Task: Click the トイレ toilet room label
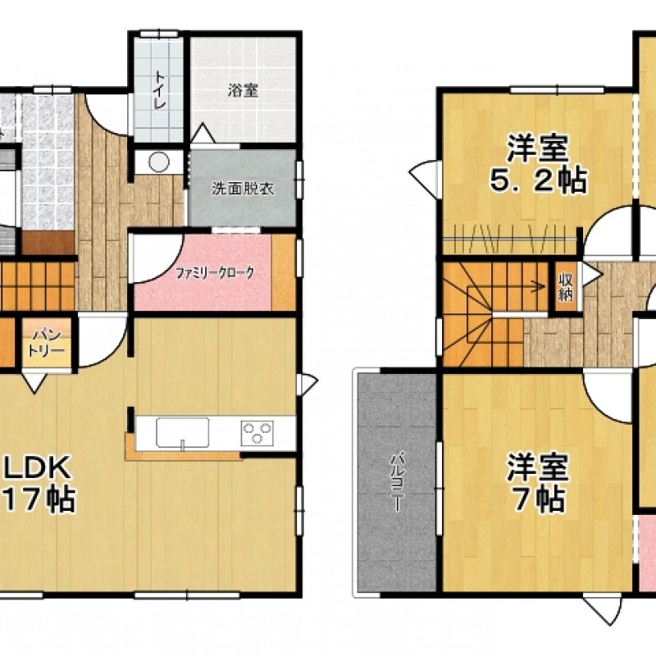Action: click(x=159, y=90)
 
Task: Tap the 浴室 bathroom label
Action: click(x=243, y=90)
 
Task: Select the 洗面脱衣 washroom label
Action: click(x=243, y=189)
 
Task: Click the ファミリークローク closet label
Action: click(x=215, y=274)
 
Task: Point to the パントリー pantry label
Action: click(x=47, y=342)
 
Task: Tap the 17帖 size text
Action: click(x=39, y=499)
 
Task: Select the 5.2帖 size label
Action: click(x=538, y=180)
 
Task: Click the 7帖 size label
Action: click(x=539, y=499)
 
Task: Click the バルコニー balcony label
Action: click(x=397, y=482)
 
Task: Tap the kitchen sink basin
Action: click(x=182, y=433)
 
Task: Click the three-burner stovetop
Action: click(x=257, y=433)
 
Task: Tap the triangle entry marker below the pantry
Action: click(x=34, y=383)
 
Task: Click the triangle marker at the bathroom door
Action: click(x=203, y=133)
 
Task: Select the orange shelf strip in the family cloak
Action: click(x=284, y=274)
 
